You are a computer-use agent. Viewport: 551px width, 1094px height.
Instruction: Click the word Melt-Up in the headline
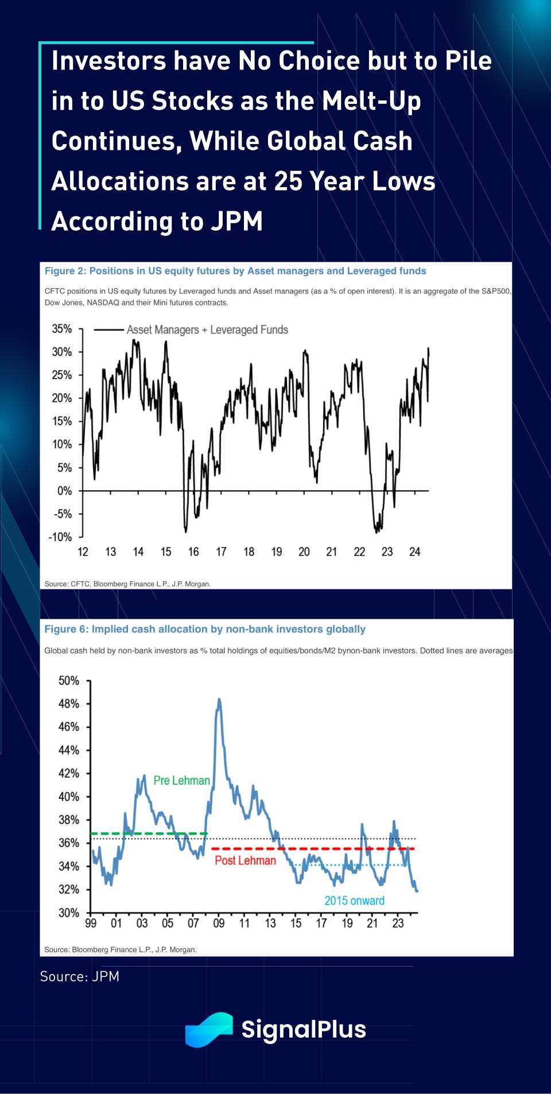point(371,101)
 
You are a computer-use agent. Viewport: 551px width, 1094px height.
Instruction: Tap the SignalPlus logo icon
point(209,1029)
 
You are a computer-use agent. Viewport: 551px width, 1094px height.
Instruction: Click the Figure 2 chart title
point(235,271)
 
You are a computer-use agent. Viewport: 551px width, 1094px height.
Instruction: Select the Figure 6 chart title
point(205,629)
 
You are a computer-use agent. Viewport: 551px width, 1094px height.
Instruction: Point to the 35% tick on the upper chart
point(62,329)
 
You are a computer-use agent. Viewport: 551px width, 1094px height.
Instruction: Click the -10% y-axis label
point(60,537)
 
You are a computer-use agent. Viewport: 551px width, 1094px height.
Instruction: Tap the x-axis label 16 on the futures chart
point(193,552)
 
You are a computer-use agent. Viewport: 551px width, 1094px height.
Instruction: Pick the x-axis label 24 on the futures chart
point(414,552)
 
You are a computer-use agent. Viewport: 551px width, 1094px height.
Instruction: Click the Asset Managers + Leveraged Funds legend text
point(207,330)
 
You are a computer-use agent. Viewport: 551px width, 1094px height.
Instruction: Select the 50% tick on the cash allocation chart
point(69,681)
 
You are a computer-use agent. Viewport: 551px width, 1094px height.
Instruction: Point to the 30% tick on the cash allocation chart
point(69,913)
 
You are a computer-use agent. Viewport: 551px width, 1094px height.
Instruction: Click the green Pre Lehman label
point(181,781)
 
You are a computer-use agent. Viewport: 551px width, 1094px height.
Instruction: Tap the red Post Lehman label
point(245,860)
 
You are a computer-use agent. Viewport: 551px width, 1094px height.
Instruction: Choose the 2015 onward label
point(354,901)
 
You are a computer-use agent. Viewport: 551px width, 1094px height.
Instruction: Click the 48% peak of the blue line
point(219,700)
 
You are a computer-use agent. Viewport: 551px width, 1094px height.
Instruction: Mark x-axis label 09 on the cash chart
point(219,924)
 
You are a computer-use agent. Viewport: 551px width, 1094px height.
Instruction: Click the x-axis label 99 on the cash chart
point(91,924)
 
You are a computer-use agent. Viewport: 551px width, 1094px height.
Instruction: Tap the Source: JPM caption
point(80,976)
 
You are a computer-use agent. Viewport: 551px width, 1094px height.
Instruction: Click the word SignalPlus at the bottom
point(304,1029)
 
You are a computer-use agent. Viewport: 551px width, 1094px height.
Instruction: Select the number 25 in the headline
point(288,181)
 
